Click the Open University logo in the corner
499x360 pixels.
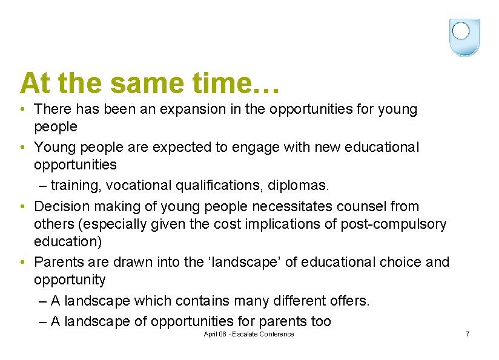464,37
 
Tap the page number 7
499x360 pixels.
467,334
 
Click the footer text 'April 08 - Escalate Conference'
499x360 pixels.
249,334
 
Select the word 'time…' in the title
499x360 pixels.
246,83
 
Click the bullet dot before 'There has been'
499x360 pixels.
22,110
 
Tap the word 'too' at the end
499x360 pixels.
320,321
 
